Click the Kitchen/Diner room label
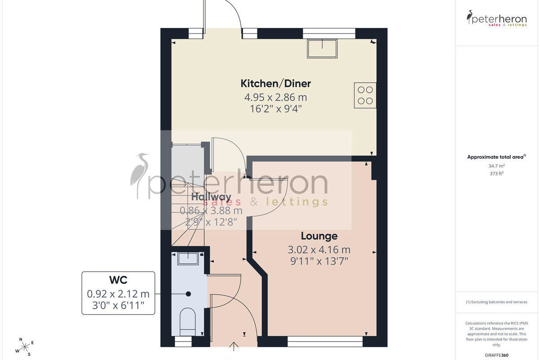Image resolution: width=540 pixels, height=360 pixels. click(x=276, y=83)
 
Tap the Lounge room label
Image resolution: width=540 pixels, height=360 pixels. click(x=319, y=236)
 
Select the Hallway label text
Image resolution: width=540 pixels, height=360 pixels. click(x=211, y=197)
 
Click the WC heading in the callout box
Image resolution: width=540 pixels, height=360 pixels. click(x=118, y=280)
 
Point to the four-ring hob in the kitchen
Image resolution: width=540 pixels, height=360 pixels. click(x=365, y=95)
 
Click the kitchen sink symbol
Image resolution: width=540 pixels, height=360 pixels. click(x=322, y=49)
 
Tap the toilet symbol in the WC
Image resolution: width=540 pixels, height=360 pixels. click(x=188, y=322)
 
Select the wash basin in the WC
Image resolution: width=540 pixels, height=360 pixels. click(x=188, y=258)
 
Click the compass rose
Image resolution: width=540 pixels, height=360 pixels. click(x=25, y=347)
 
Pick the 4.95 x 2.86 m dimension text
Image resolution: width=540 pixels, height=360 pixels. click(x=276, y=97)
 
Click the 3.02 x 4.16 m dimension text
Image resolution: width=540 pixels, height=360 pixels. click(x=319, y=250)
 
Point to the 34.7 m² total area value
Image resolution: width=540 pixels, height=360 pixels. click(x=497, y=166)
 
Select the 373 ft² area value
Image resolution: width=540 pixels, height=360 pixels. click(x=497, y=173)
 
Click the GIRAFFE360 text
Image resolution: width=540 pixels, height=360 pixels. click(x=497, y=355)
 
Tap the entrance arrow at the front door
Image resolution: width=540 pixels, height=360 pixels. click(x=234, y=346)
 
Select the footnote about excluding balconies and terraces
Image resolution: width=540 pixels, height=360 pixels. click(x=497, y=302)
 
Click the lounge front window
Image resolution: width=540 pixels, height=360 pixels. click(x=325, y=342)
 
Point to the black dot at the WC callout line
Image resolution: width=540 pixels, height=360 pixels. click(x=189, y=294)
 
